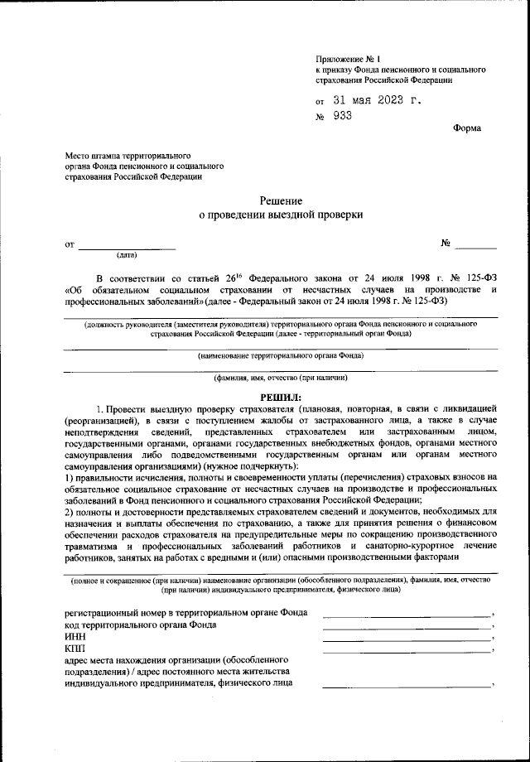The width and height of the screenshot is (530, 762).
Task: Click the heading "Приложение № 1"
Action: [x=347, y=59]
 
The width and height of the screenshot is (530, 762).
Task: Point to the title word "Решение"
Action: [x=282, y=200]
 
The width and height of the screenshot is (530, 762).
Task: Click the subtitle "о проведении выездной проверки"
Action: [x=282, y=215]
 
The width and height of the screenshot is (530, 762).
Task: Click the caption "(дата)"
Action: [x=128, y=254]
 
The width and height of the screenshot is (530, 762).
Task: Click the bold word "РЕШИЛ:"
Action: [x=282, y=398]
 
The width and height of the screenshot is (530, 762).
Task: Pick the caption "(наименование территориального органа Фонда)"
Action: [x=281, y=355]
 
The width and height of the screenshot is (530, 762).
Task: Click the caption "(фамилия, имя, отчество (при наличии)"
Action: [x=281, y=378]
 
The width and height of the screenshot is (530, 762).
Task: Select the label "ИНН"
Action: [x=74, y=637]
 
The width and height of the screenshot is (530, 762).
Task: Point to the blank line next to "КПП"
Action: [x=407, y=652]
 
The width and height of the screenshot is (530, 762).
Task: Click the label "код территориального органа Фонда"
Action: [x=141, y=625]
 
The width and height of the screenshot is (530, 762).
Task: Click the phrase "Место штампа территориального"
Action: [x=128, y=155]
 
